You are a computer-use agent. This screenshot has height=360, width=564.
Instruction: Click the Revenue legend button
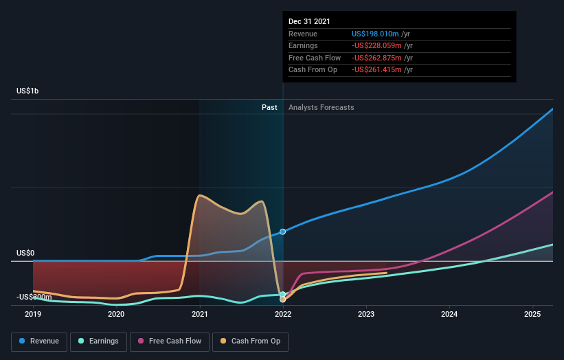click(x=39, y=341)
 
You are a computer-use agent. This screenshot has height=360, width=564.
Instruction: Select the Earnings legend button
click(x=98, y=341)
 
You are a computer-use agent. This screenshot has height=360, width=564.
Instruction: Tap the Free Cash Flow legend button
click(x=169, y=341)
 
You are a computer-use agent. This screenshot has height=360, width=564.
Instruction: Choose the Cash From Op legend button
click(x=250, y=341)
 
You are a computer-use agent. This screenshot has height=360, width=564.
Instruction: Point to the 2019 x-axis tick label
click(x=33, y=315)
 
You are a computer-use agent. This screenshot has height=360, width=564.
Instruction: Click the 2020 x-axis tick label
click(x=116, y=315)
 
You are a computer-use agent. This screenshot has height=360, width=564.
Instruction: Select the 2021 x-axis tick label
click(x=200, y=315)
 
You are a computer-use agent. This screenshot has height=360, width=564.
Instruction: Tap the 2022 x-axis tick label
click(x=282, y=315)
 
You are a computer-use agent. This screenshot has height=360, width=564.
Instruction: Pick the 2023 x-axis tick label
click(x=366, y=315)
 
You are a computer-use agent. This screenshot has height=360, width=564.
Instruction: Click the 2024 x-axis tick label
click(x=449, y=315)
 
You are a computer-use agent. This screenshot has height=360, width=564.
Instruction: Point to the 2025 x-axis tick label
click(x=532, y=315)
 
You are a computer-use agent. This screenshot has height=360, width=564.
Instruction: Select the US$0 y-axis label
click(x=25, y=253)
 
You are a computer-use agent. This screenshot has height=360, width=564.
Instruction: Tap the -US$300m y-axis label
click(x=34, y=297)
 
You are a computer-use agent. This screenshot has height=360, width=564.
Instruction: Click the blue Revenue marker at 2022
click(x=282, y=232)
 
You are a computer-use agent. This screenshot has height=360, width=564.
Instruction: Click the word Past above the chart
click(x=269, y=107)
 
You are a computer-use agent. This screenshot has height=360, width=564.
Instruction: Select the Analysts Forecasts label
click(x=322, y=107)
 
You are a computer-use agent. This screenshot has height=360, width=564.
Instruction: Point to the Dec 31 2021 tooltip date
click(x=309, y=21)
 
